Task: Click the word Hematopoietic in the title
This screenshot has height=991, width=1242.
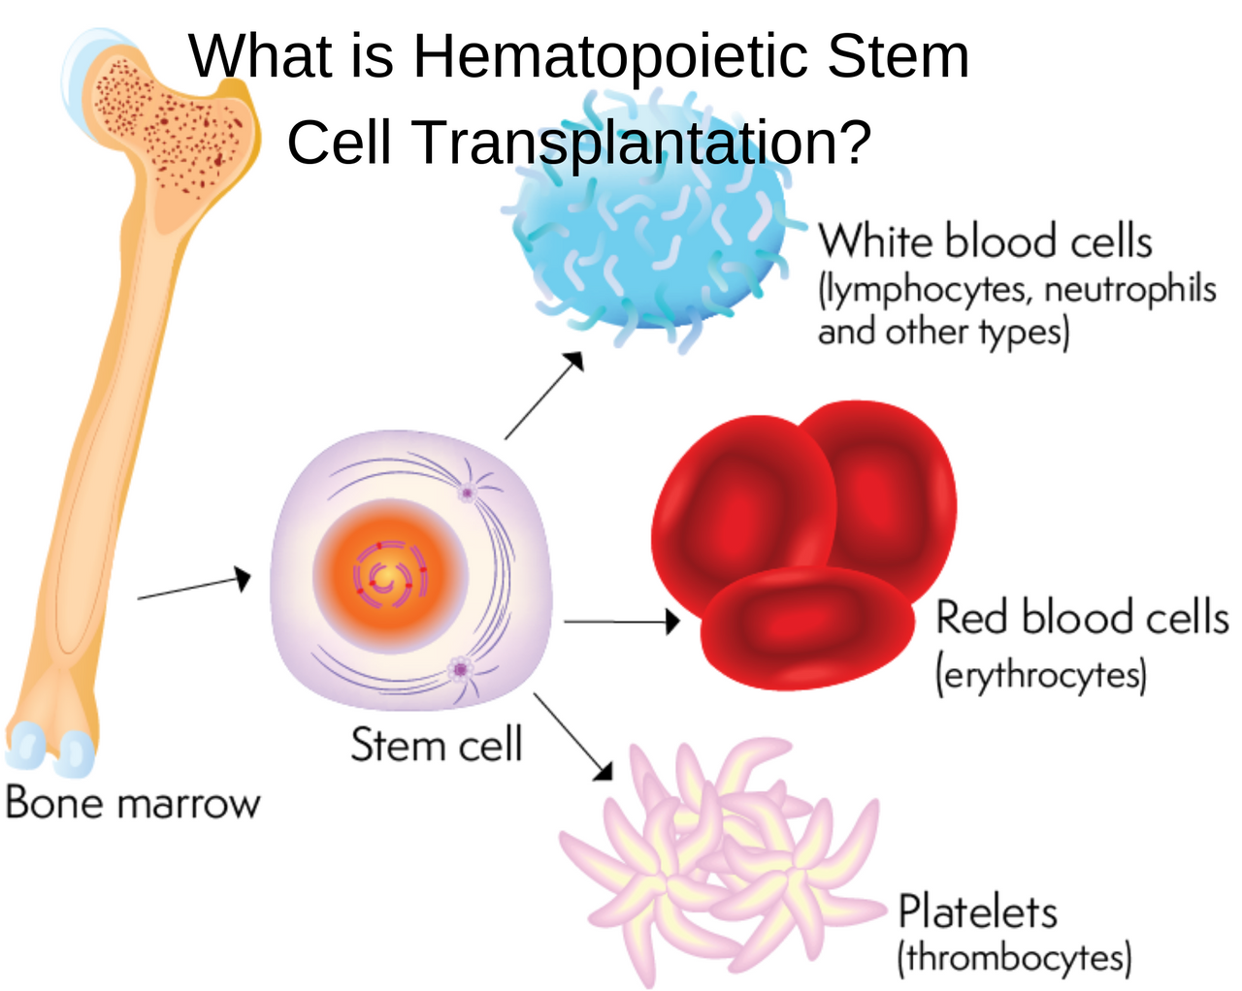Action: click(x=611, y=57)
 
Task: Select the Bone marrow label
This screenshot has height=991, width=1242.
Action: click(x=133, y=803)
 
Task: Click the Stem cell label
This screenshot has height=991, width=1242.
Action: click(x=437, y=744)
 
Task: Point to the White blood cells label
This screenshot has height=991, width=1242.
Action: click(x=985, y=240)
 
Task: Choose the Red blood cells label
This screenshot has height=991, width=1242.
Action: click(x=1082, y=618)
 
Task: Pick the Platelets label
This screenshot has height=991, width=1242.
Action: click(x=978, y=912)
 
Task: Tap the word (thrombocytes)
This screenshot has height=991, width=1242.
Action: click(x=1015, y=957)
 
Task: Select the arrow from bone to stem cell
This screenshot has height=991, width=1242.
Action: click(x=194, y=586)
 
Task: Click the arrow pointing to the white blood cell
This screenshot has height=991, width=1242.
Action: click(x=544, y=395)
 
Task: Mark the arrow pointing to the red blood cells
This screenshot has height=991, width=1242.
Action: click(x=622, y=622)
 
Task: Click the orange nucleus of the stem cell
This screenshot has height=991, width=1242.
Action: click(x=391, y=577)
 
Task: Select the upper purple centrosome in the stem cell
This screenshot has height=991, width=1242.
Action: click(x=467, y=494)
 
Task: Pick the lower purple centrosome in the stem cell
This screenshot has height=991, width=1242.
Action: click(x=461, y=670)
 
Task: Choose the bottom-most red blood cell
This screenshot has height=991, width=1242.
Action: click(x=808, y=628)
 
